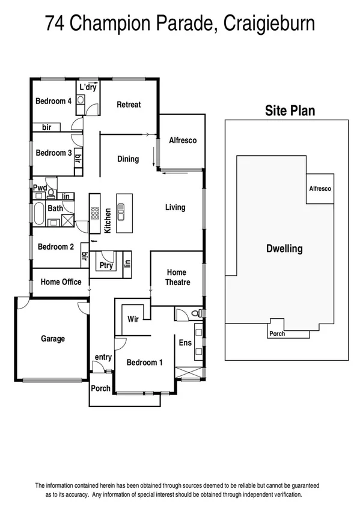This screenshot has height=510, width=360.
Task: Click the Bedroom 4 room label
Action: pyautogui.click(x=53, y=101)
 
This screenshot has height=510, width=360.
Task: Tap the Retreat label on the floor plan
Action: pyautogui.click(x=129, y=105)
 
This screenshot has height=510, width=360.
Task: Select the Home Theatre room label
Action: pyautogui.click(x=178, y=277)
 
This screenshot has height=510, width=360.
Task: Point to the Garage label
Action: pyautogui.click(x=53, y=339)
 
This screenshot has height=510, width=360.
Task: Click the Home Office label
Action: pyautogui.click(x=61, y=281)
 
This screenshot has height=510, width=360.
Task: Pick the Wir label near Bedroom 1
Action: pyautogui.click(x=133, y=319)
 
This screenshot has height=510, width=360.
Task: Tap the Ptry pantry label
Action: pyautogui.click(x=106, y=266)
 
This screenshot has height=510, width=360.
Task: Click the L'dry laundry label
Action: pyautogui.click(x=88, y=88)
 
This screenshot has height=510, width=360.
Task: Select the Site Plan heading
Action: pyautogui.click(x=290, y=111)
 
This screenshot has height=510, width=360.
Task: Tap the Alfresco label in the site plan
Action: pyautogui.click(x=320, y=189)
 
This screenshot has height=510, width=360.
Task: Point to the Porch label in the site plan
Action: pyautogui.click(x=276, y=334)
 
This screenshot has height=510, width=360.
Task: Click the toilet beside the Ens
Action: pyautogui.click(x=193, y=313)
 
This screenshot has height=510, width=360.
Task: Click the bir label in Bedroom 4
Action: pyautogui.click(x=47, y=127)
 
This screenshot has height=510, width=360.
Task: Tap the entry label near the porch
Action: pyautogui.click(x=103, y=357)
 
